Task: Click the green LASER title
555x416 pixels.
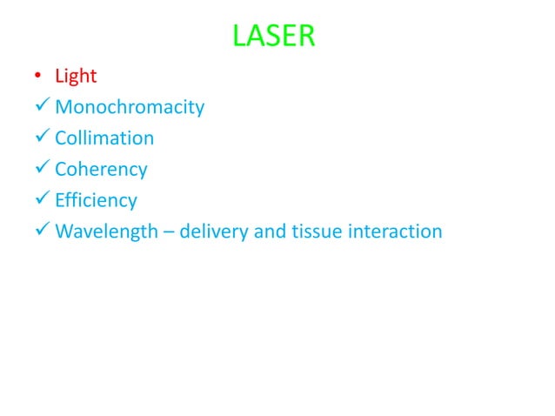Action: click(x=275, y=37)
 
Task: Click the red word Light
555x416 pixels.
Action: click(x=76, y=77)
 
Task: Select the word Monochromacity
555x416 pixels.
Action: click(x=130, y=108)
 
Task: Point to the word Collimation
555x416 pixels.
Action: click(x=104, y=138)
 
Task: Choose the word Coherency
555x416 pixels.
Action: click(x=101, y=170)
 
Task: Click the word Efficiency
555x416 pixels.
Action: click(x=96, y=201)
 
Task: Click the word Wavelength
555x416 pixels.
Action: click(x=102, y=232)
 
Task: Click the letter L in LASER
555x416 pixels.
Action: click(x=240, y=37)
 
